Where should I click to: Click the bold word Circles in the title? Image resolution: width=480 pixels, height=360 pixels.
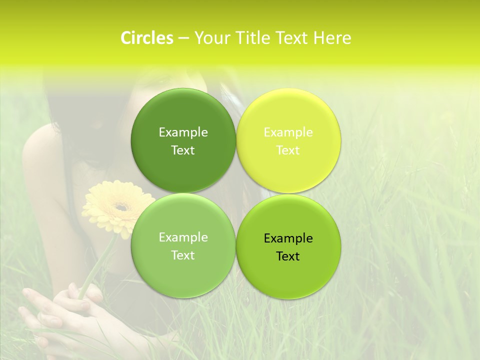tap(146, 38)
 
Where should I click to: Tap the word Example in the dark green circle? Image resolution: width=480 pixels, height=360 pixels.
tap(183, 132)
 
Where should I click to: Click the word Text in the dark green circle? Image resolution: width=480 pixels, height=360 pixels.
tap(183, 150)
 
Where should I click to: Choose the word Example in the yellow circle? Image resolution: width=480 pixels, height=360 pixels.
tap(288, 132)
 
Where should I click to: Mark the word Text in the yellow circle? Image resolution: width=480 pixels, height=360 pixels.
tap(288, 150)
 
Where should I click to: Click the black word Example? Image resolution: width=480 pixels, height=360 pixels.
tap(288, 238)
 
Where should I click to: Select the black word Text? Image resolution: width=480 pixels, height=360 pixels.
tap(288, 256)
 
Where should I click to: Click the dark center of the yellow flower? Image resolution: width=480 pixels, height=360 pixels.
tap(120, 206)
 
